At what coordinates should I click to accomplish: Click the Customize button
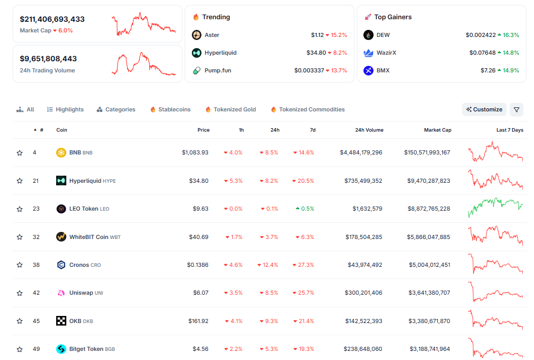[x=484, y=109]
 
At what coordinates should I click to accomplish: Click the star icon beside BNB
[x=20, y=152]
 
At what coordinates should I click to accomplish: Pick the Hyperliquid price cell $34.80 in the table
[x=198, y=181]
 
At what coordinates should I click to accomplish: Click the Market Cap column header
[x=437, y=130]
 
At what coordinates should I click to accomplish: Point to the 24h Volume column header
[x=369, y=130]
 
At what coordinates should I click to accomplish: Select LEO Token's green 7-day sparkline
[x=496, y=208]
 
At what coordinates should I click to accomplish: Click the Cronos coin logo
[x=61, y=265]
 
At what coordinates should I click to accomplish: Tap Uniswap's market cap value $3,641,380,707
[x=429, y=293]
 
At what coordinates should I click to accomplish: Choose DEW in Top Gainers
[x=383, y=35]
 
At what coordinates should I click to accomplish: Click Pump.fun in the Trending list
[x=218, y=70]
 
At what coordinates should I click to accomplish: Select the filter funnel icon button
[x=516, y=109]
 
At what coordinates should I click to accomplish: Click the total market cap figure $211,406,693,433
[x=52, y=19]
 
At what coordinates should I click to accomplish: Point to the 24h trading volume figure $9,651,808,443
[x=48, y=59]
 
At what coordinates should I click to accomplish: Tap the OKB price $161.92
[x=197, y=321]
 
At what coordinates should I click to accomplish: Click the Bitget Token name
[x=86, y=349]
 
